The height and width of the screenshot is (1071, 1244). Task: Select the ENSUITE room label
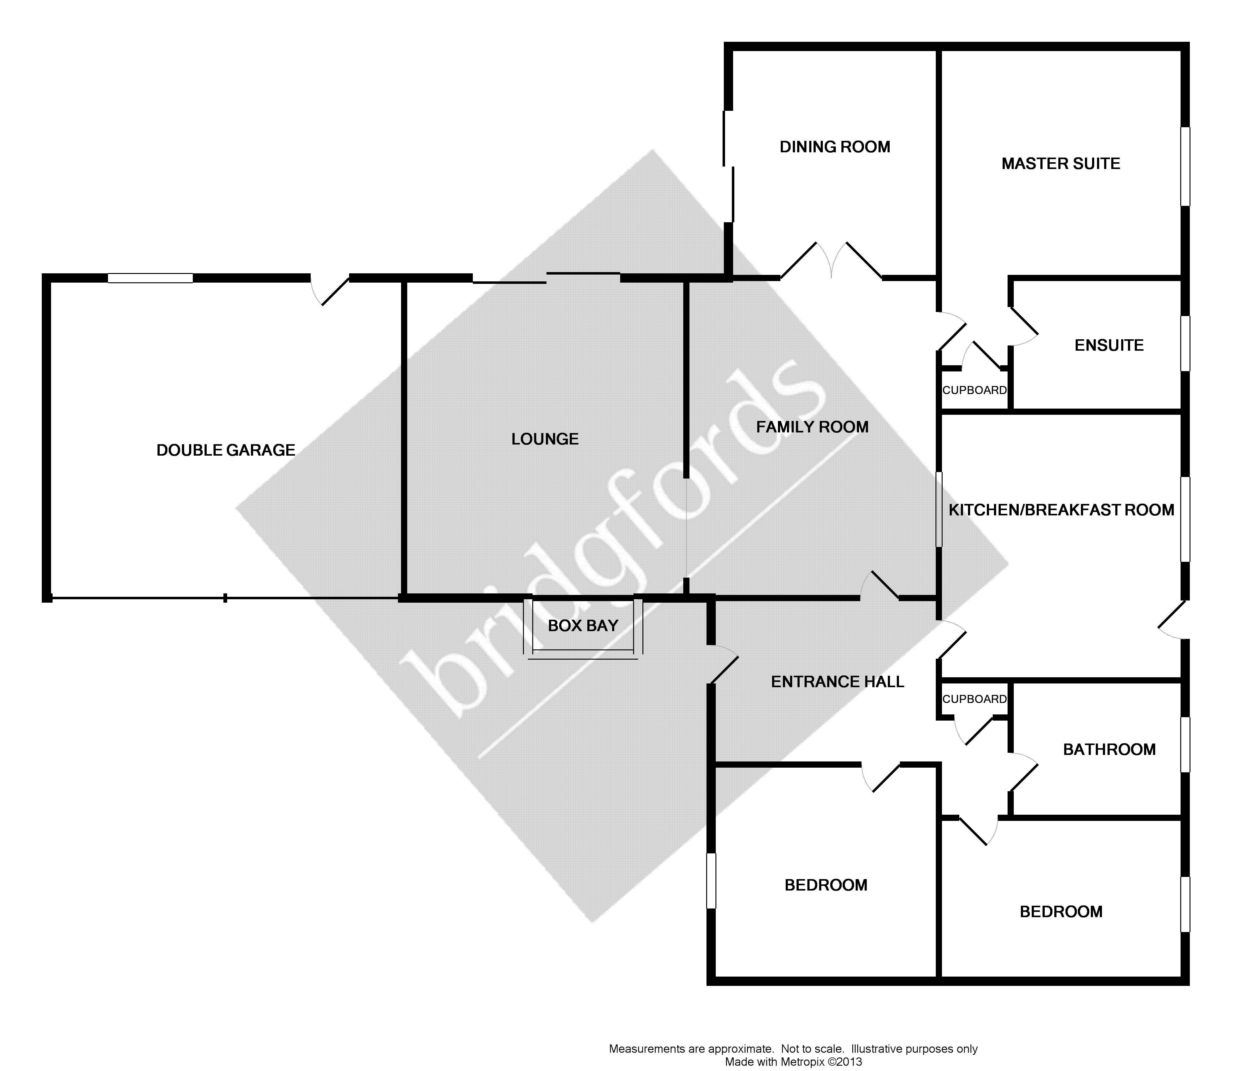tap(1109, 345)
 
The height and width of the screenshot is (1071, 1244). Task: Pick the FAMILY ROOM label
tap(812, 427)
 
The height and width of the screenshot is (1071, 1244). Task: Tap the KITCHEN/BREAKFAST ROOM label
tap(1061, 510)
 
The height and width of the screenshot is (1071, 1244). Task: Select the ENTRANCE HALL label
tap(838, 682)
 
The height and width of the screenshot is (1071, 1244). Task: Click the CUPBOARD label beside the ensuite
tap(974, 390)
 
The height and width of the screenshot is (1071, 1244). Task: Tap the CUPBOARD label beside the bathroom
tap(974, 699)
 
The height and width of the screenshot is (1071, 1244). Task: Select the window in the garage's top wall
tap(151, 278)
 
